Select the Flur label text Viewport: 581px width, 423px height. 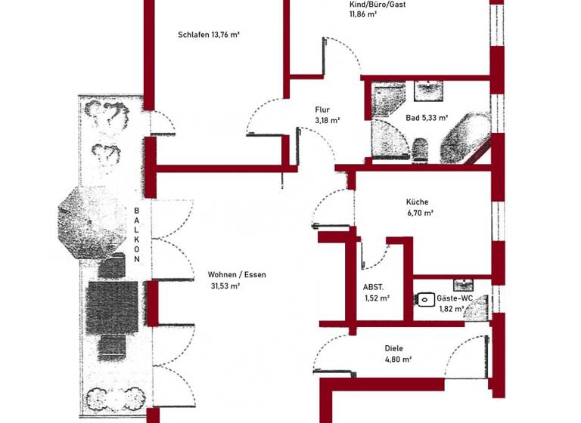323,110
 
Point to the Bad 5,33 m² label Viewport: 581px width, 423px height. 427,118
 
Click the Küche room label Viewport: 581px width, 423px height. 417,202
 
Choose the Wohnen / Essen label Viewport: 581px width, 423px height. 237,275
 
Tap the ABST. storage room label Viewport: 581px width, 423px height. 374,287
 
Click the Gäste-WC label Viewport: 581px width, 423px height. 455,298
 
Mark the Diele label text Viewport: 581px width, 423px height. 393,348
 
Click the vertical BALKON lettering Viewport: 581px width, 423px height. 137,234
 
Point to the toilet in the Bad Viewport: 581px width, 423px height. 421,149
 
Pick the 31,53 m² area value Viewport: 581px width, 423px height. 225,286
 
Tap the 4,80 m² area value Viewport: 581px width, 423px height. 396,360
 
